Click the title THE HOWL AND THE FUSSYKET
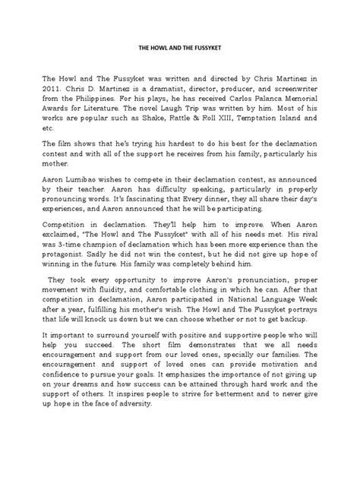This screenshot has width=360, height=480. pos(180,46)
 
